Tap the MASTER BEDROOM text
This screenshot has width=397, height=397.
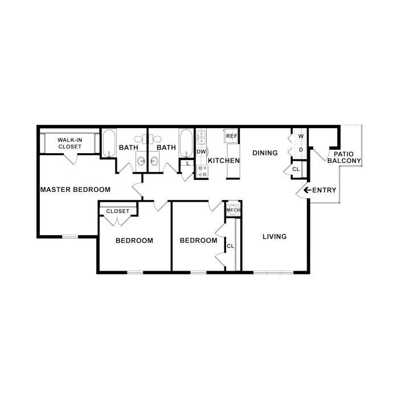click(75, 189)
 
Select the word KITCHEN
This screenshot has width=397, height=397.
click(224, 161)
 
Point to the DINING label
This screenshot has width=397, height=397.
click(265, 153)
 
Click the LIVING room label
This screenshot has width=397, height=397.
click(274, 236)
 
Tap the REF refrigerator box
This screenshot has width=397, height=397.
click(231, 136)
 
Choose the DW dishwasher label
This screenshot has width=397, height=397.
click(200, 152)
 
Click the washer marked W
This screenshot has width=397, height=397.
click(300, 136)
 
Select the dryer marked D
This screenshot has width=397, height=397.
click(300, 150)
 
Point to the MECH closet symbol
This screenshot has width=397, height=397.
click(232, 210)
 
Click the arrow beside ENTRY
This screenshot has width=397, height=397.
click(307, 190)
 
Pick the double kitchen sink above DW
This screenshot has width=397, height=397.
click(201, 137)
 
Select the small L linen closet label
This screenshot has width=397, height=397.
click(188, 164)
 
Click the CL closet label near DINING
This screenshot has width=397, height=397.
click(296, 170)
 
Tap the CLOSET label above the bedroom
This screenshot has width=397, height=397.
click(118, 211)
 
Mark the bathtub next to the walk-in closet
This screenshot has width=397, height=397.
click(109, 143)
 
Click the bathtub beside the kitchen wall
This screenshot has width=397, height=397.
click(186, 142)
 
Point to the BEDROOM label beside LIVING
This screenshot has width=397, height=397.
click(198, 240)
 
